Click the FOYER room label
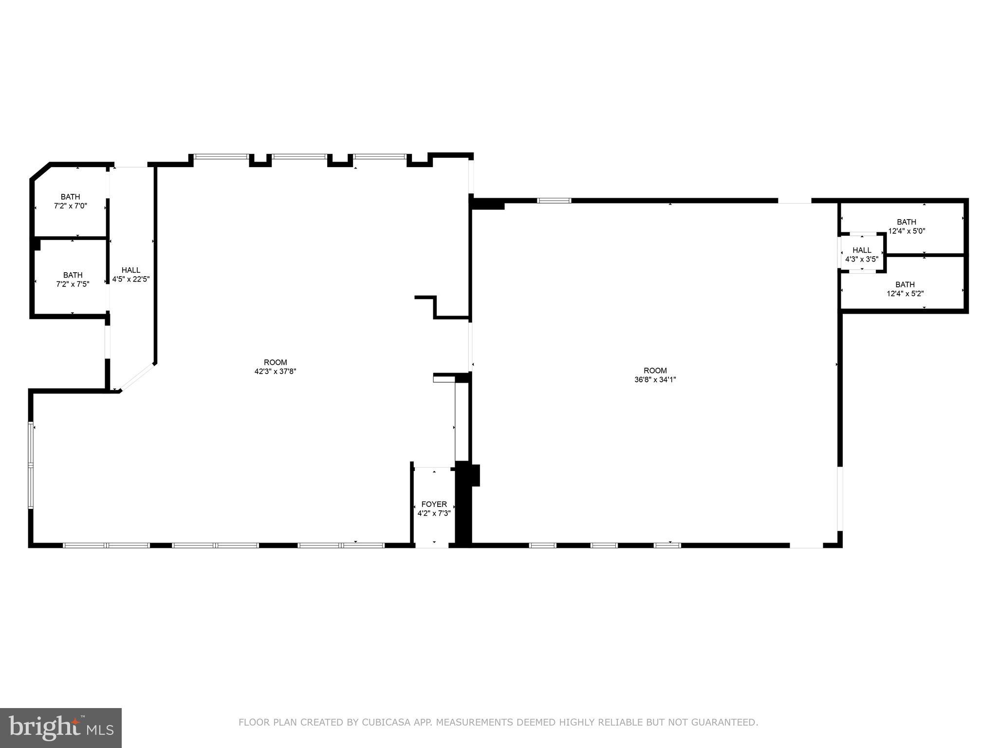(x=434, y=504)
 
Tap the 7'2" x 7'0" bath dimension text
(x=71, y=206)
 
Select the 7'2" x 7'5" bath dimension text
(x=73, y=284)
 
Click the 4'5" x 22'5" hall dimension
(x=131, y=279)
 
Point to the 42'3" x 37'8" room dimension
(x=276, y=371)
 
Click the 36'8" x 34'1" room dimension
(x=655, y=379)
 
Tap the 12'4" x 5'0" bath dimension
(x=906, y=231)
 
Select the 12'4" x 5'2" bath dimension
(x=905, y=293)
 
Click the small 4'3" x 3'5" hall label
(x=862, y=255)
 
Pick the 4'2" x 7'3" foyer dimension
(x=434, y=513)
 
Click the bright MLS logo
(x=61, y=728)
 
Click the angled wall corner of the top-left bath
(x=40, y=171)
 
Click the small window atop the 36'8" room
(x=554, y=200)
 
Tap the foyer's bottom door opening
(x=431, y=545)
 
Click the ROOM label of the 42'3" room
(x=276, y=362)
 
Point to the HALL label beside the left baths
(x=131, y=270)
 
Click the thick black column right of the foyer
(x=463, y=504)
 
